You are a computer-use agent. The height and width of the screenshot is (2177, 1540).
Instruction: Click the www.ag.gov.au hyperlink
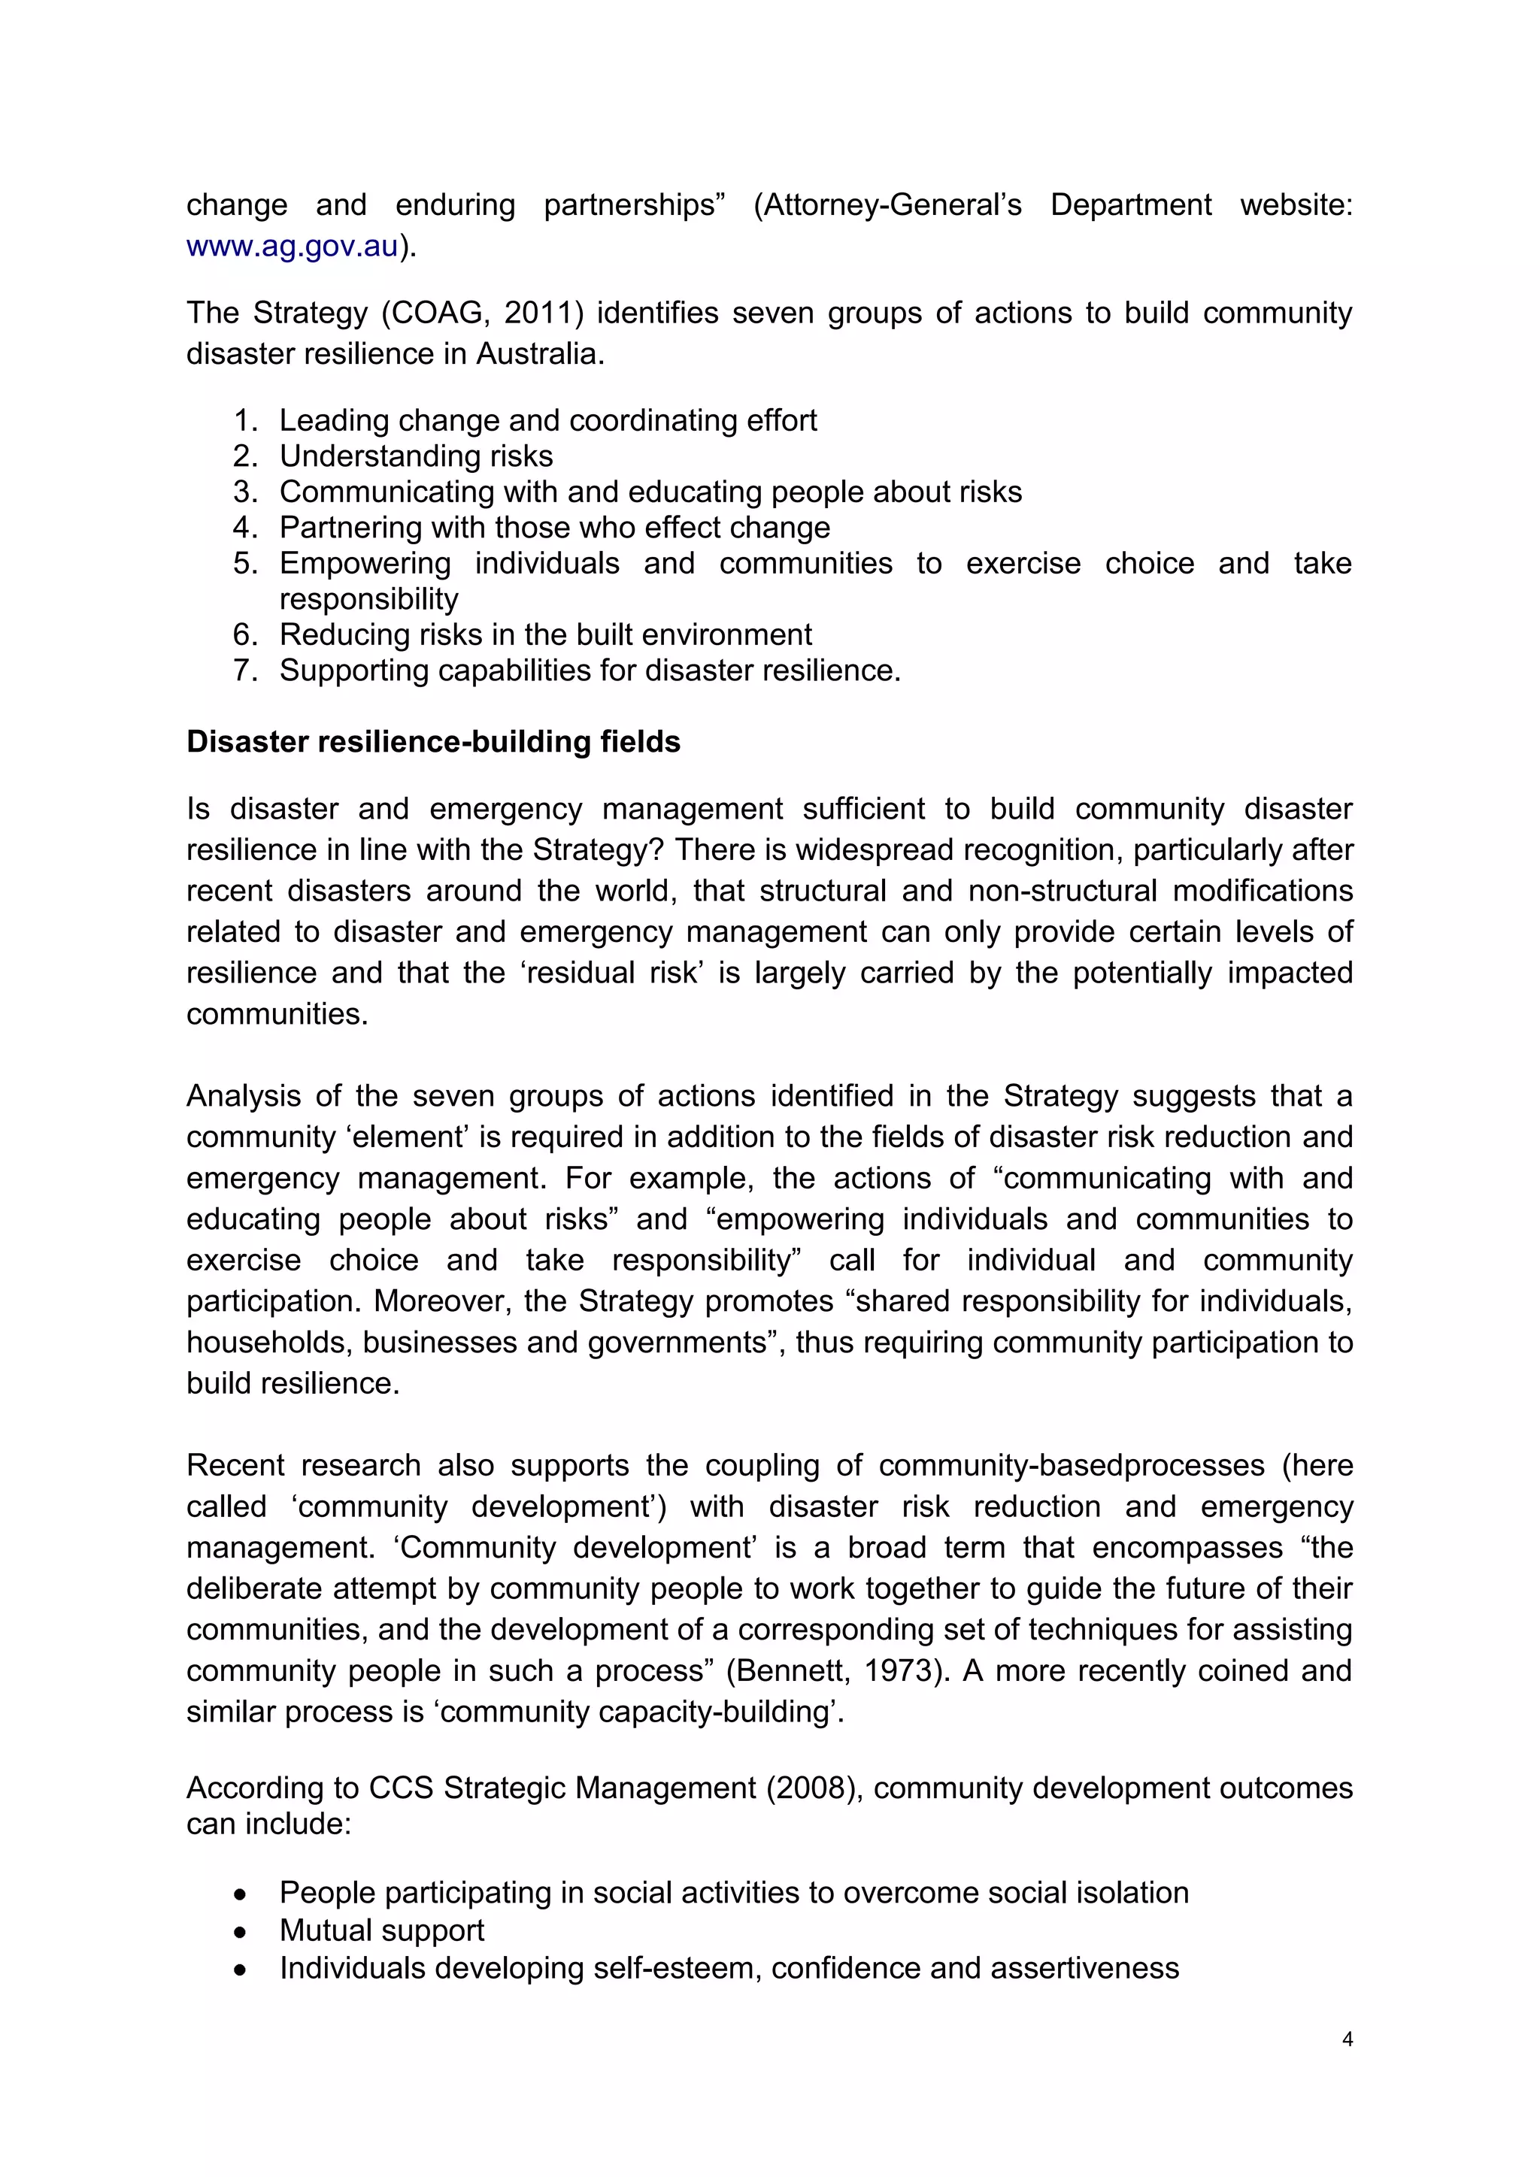[x=292, y=247]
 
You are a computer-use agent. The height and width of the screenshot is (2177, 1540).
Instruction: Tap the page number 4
[x=1347, y=2039]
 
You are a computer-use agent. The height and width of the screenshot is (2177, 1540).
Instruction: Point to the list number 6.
[x=244, y=634]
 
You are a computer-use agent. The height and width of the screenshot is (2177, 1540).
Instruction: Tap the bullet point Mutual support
[x=381, y=1930]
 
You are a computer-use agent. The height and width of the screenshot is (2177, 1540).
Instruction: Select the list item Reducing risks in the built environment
[x=545, y=634]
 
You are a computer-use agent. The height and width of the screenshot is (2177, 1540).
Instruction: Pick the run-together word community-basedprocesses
[x=1071, y=1465]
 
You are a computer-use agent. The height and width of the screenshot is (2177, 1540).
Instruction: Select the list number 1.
[x=244, y=420]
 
